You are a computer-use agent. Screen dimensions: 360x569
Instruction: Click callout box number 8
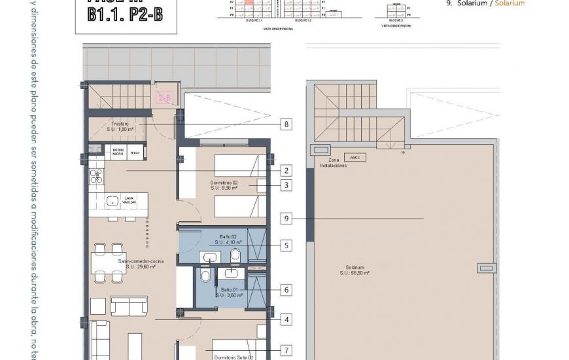tap(286, 123)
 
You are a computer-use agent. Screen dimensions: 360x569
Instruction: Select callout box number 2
tap(286, 171)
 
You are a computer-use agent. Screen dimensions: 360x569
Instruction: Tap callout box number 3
tap(286, 185)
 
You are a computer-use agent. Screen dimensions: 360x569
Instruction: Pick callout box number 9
tap(286, 218)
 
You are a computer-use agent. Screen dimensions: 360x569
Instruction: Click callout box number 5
tap(286, 246)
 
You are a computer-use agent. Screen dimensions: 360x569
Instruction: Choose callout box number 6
tap(286, 289)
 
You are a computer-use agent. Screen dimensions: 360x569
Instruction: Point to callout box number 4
tap(286, 320)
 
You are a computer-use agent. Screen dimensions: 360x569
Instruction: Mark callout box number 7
tap(286, 350)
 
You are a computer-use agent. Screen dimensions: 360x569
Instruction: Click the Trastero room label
tap(120, 126)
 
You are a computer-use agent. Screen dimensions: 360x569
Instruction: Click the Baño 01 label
tap(230, 293)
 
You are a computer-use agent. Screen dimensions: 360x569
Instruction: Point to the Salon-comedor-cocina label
tap(140, 264)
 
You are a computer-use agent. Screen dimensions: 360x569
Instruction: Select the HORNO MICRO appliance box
tap(118, 152)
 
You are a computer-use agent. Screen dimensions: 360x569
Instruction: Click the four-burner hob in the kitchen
tap(96, 175)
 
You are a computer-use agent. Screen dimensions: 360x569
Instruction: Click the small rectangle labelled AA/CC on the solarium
tap(356, 158)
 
